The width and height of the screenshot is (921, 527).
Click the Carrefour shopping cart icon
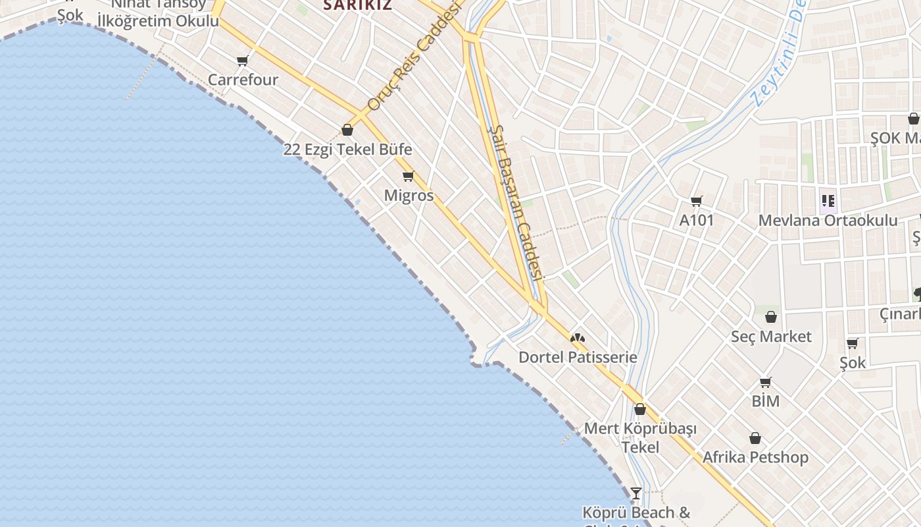click(243, 61)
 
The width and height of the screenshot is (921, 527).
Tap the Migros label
click(409, 196)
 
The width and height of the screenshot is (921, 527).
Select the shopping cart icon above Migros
click(408, 176)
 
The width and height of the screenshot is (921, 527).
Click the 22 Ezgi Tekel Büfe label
click(347, 150)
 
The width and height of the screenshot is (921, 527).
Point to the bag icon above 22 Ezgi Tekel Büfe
click(347, 130)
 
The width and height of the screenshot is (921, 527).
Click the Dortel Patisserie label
click(578, 357)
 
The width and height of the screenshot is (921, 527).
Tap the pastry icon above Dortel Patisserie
click(578, 338)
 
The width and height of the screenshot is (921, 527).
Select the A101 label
click(696, 220)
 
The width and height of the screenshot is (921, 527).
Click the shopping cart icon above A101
click(696, 201)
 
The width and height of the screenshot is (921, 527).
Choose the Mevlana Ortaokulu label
click(828, 220)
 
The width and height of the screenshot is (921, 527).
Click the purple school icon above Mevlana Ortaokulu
click(828, 200)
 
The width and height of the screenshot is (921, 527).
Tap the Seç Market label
click(771, 337)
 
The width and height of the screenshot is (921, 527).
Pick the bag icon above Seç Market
click(771, 317)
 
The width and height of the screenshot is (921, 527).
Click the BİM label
click(765, 401)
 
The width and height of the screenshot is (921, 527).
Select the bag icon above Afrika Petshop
click(755, 438)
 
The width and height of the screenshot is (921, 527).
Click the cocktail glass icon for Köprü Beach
click(635, 493)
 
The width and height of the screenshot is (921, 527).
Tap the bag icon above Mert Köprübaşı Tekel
click(639, 409)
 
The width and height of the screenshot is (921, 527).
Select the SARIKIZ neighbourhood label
click(357, 5)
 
